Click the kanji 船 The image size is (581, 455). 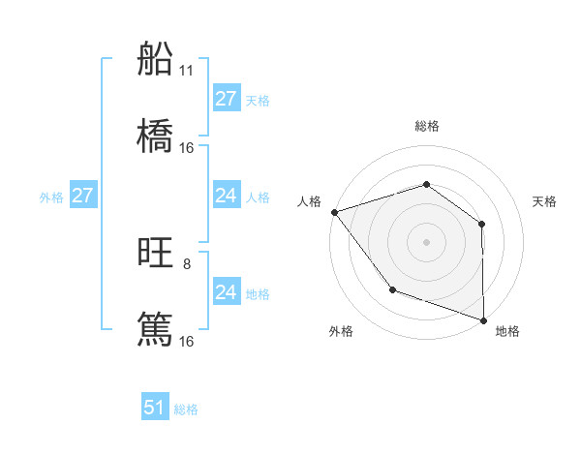pyautogui.click(x=155, y=60)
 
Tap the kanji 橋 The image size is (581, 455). pyautogui.click(x=155, y=136)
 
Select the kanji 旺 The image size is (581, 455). pyautogui.click(x=155, y=254)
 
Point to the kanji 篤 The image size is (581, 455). pyautogui.click(x=155, y=330)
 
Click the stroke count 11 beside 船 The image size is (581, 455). pyautogui.click(x=187, y=71)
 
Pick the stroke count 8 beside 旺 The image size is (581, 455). pyautogui.click(x=187, y=264)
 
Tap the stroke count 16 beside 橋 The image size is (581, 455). pyautogui.click(x=187, y=148)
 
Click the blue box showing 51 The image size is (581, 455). pyautogui.click(x=155, y=408)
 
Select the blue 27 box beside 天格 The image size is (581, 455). pyautogui.click(x=226, y=99)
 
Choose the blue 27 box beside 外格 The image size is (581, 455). pyautogui.click(x=83, y=196)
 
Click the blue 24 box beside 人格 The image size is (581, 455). pyautogui.click(x=226, y=196)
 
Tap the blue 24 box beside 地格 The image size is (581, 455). pyautogui.click(x=226, y=292)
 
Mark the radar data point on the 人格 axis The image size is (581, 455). pyautogui.click(x=334, y=212)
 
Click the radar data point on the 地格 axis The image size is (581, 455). pyautogui.click(x=483, y=318)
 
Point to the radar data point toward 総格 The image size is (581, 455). pyautogui.click(x=426, y=185)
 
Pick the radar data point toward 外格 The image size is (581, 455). pyautogui.click(x=392, y=288)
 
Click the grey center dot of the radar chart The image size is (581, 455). pyautogui.click(x=426, y=242)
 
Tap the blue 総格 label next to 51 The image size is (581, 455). pyautogui.click(x=186, y=409)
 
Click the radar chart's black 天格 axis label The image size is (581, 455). pyautogui.click(x=545, y=201)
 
